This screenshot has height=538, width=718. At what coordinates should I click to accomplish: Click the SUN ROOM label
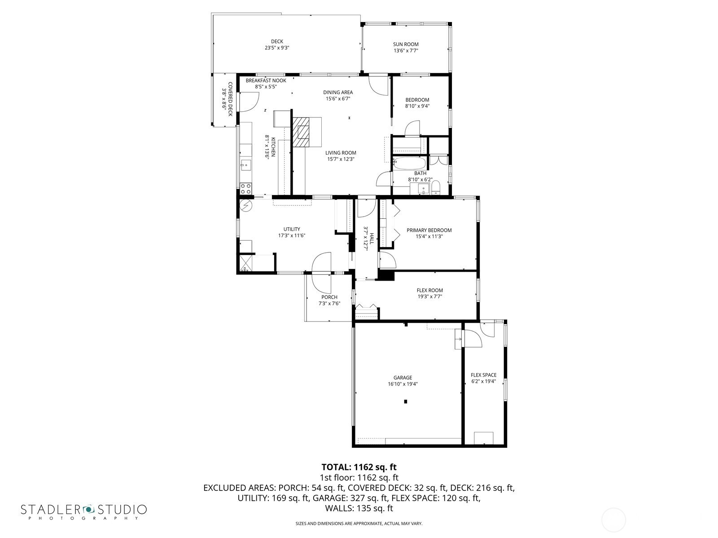tap(406, 44)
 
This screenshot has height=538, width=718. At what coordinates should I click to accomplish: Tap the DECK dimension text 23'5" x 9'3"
tap(277, 48)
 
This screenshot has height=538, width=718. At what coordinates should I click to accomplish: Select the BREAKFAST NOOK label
tap(266, 80)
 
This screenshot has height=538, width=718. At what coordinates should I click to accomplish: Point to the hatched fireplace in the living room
tap(301, 132)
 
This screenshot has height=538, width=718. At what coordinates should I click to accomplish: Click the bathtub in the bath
tap(409, 163)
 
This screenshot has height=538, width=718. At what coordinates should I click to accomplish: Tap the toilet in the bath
tap(436, 188)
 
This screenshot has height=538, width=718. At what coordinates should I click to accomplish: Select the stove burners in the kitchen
tap(245, 189)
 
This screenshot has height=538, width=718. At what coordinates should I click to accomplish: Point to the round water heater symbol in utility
tap(245, 205)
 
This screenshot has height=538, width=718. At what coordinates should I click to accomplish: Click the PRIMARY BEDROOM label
tap(429, 230)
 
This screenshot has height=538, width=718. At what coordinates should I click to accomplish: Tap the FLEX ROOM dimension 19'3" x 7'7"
tap(429, 297)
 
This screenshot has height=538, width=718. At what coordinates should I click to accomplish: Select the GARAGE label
tap(403, 377)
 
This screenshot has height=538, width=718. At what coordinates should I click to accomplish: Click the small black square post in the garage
tap(406, 401)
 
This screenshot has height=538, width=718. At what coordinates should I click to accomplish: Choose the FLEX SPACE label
tap(483, 375)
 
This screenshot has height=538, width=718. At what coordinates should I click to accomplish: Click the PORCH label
tap(329, 297)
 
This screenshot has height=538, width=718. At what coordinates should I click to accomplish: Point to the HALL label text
tap(372, 239)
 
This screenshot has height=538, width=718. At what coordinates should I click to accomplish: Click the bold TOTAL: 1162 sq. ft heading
tap(359, 467)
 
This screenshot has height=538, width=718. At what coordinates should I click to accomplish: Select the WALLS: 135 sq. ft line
tap(359, 508)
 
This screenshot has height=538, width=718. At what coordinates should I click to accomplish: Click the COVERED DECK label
tap(230, 99)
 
